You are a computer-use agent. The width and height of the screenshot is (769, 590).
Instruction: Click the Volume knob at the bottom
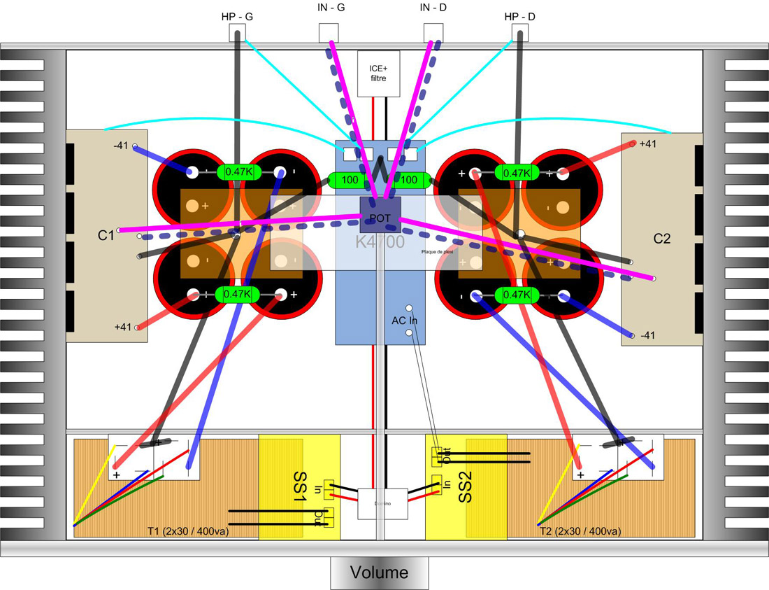pyautogui.click(x=379, y=573)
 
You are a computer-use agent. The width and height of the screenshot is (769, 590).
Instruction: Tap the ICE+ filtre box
pyautogui.click(x=378, y=73)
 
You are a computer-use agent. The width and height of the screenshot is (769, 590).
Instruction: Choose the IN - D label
pyautogui.click(x=434, y=8)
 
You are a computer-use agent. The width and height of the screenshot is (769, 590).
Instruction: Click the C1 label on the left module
pyautogui.click(x=106, y=236)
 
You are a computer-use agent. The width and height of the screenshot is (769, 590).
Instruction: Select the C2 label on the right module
pyautogui.click(x=662, y=239)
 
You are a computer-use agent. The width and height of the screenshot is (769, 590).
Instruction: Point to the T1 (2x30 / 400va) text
pyautogui.click(x=189, y=532)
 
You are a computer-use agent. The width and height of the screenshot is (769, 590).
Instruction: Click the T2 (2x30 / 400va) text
pyautogui.click(x=580, y=532)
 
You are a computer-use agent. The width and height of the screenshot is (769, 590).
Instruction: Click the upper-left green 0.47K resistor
pyautogui.click(x=238, y=172)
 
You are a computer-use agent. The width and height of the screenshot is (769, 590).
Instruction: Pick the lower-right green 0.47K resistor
pyautogui.click(x=517, y=295)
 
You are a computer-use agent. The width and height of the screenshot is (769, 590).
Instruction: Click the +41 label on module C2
pyautogui.click(x=648, y=143)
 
